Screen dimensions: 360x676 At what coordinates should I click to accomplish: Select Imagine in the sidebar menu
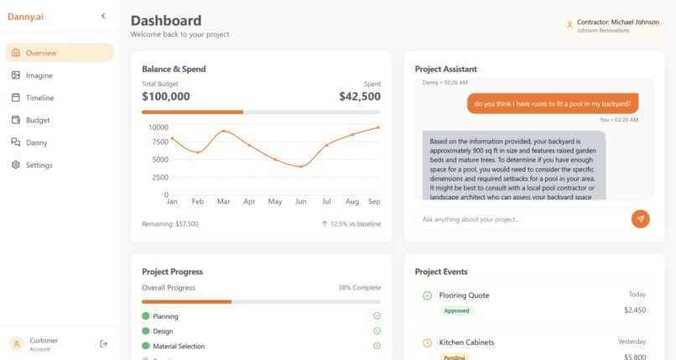tap(39, 76)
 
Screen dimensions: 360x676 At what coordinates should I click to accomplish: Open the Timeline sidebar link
tap(39, 98)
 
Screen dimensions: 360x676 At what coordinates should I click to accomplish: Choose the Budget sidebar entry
tap(38, 120)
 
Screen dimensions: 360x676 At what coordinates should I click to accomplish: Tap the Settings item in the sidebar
tap(39, 165)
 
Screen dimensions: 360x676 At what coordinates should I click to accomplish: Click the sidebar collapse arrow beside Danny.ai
tap(103, 16)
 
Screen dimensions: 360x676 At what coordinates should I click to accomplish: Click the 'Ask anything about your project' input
tap(520, 219)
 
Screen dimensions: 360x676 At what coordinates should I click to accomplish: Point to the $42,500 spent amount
tap(360, 97)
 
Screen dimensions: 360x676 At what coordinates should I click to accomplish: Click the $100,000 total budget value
tap(166, 97)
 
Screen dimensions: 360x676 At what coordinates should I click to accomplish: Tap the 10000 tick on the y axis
tap(159, 128)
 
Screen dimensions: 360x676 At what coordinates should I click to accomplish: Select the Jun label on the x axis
tap(300, 201)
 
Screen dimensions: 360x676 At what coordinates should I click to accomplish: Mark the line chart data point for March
tap(223, 132)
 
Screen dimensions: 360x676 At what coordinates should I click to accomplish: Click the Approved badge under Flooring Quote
tap(456, 310)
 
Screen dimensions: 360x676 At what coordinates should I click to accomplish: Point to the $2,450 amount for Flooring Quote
tap(635, 310)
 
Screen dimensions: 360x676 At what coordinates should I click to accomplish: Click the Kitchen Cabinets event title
tap(466, 342)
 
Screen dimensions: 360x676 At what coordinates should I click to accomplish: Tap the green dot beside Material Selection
tap(146, 346)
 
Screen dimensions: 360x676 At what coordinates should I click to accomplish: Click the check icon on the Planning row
tap(377, 316)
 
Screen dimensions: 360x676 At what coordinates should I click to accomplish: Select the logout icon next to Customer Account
tap(104, 344)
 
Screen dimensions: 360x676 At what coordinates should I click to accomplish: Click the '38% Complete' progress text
tap(359, 288)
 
